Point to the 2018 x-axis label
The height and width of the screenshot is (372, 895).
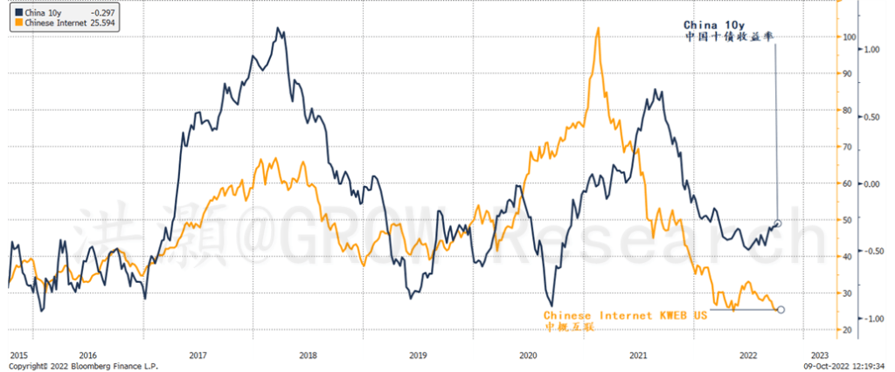coord(308,355)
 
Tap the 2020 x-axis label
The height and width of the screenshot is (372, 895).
coord(527,355)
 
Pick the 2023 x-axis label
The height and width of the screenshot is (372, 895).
coord(820,355)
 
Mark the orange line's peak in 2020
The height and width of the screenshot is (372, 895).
coord(597,28)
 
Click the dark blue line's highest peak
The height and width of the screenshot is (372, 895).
coord(279,29)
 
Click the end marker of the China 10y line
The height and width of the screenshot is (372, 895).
coord(778,223)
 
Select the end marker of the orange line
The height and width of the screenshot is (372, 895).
coord(781,309)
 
